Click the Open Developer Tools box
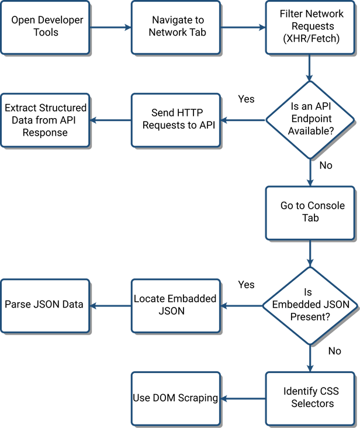click(x=47, y=27)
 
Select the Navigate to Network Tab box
click(x=176, y=27)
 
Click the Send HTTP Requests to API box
click(x=176, y=121)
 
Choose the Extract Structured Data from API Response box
click(x=45, y=120)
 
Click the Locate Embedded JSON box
click(x=176, y=305)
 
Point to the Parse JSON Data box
click(x=45, y=305)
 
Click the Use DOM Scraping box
click(x=176, y=398)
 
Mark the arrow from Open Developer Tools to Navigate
click(x=112, y=27)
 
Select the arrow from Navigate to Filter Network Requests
click(x=243, y=27)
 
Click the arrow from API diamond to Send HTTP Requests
click(x=243, y=121)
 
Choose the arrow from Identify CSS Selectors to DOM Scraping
click(x=243, y=398)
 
